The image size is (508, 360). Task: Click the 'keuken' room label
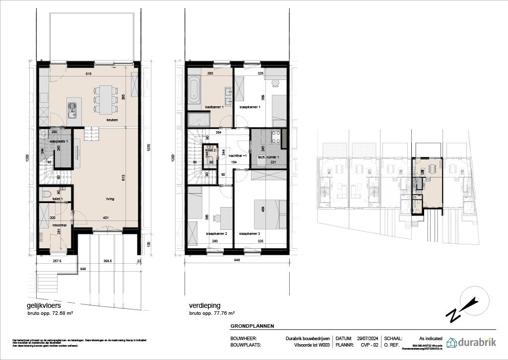click(x=105, y=120)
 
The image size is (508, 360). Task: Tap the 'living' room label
click(x=110, y=199)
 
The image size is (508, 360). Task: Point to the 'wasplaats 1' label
click(x=59, y=142)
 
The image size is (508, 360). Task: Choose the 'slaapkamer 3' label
click(x=249, y=233)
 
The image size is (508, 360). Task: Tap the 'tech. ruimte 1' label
click(x=268, y=157)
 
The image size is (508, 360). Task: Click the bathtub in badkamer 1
click(x=194, y=89)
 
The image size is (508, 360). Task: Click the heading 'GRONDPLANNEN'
click(x=252, y=326)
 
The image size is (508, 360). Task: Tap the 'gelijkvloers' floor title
click(x=44, y=306)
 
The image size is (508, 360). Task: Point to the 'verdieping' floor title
click(x=204, y=306)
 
